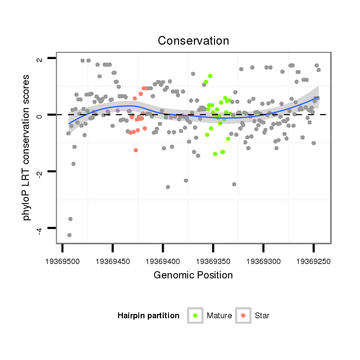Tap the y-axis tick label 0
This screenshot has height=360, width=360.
pyautogui.click(x=40, y=115)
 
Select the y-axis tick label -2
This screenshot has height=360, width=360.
pyautogui.click(x=40, y=171)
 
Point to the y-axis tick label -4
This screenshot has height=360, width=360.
pyautogui.click(x=40, y=228)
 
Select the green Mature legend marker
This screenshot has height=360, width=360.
pyautogui.click(x=195, y=315)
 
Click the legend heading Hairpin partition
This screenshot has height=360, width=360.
pyautogui.click(x=148, y=316)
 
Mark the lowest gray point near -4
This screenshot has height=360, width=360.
pyautogui.click(x=70, y=235)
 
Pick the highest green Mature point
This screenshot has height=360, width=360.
pyautogui.click(x=210, y=76)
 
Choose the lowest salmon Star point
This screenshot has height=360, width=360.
pyautogui.click(x=136, y=150)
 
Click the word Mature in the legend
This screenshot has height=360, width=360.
pyautogui.click(x=219, y=316)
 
